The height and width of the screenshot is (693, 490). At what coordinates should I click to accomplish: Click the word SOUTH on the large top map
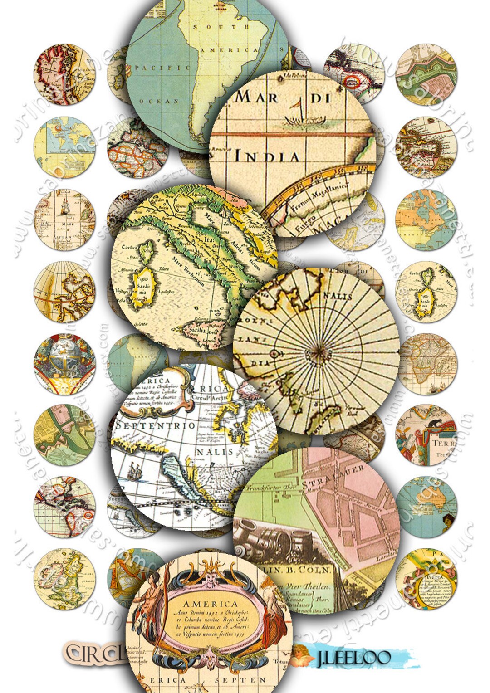[221, 27]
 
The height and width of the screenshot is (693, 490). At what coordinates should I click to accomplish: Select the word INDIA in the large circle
[267, 156]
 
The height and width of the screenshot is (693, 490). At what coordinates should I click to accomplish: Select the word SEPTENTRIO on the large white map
[156, 426]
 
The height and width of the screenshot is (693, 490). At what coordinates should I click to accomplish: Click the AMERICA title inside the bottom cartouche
[210, 604]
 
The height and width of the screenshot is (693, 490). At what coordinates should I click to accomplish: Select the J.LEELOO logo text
[353, 657]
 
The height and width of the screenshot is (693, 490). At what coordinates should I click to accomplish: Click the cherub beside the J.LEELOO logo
[302, 656]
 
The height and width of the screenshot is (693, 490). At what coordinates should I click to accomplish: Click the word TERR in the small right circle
[442, 443]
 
